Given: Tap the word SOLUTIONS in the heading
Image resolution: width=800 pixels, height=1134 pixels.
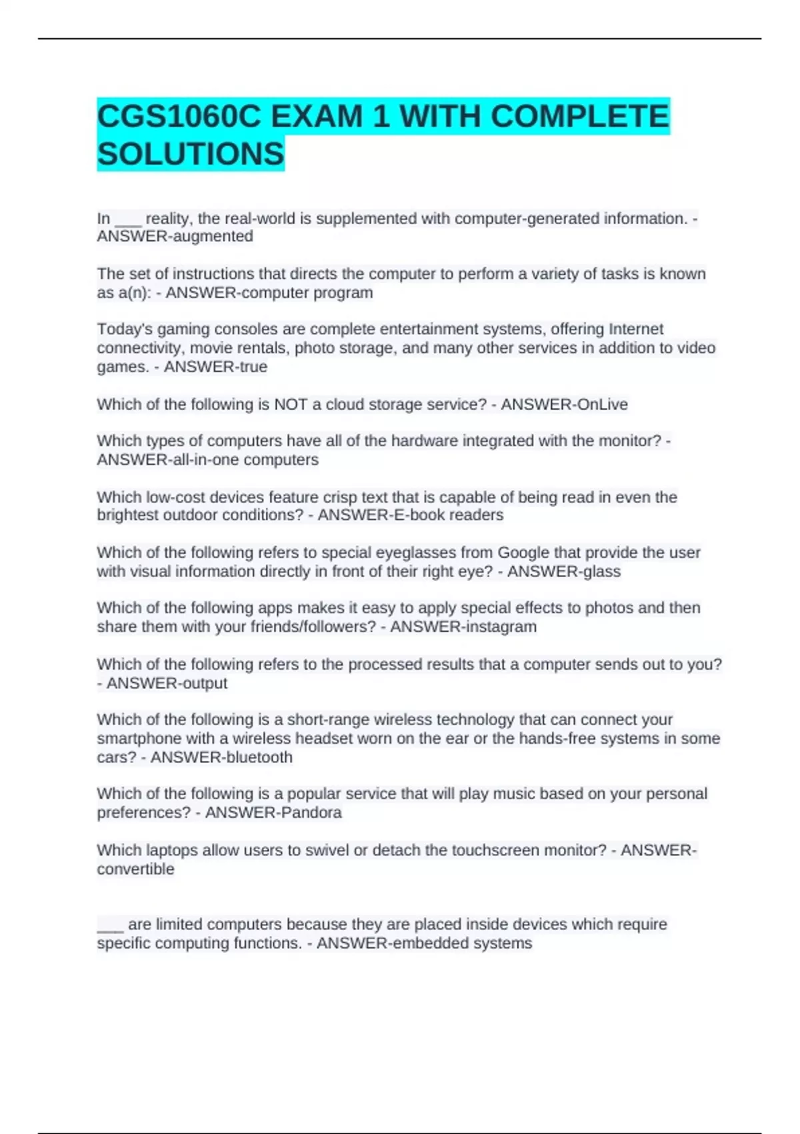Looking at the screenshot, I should [x=191, y=154].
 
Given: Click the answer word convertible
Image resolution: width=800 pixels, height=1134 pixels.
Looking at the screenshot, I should [x=135, y=869].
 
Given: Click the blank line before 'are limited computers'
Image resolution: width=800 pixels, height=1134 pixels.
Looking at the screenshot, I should [x=110, y=927].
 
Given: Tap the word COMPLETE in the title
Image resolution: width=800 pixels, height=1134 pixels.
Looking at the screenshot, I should [x=579, y=117].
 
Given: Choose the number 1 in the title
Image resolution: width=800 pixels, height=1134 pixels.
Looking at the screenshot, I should [x=381, y=117].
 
